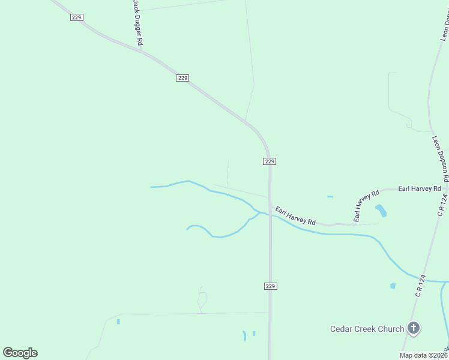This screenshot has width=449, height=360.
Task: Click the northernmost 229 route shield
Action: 76,17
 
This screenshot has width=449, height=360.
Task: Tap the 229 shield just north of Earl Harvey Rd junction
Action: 270,161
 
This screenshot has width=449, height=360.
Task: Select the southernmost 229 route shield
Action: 270,286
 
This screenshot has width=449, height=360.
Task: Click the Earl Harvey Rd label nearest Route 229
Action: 295,216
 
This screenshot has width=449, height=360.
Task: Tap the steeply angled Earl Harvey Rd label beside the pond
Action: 366,206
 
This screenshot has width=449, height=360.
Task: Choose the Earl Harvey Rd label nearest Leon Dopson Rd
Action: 419,188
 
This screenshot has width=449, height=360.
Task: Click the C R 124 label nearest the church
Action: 420,286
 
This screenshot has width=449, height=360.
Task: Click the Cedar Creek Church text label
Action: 367,329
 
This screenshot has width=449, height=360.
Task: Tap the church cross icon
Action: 413,328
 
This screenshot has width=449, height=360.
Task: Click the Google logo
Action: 20,353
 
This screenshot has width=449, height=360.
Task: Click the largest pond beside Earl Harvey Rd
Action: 381,210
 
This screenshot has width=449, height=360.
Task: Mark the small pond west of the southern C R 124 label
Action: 393,286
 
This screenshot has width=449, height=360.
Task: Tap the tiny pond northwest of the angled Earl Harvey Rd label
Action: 330,196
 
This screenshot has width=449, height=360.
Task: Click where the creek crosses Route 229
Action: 270,215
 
